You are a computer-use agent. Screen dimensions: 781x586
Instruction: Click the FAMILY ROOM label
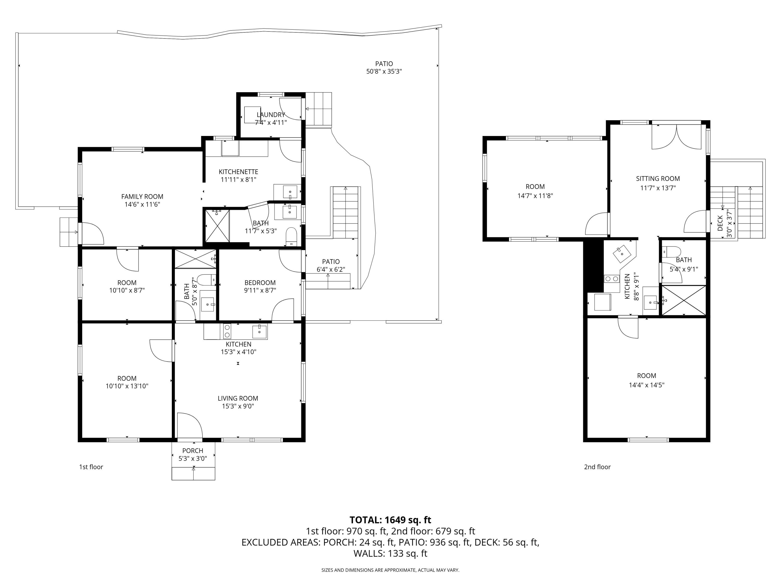pyautogui.click(x=142, y=197)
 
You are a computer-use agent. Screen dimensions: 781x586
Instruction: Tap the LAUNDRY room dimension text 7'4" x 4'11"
pyautogui.click(x=271, y=123)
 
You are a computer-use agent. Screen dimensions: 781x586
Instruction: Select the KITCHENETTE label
pyautogui.click(x=238, y=172)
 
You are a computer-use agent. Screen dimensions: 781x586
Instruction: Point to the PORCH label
pyautogui.click(x=193, y=451)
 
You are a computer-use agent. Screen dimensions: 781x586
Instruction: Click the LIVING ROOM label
pyautogui.click(x=238, y=398)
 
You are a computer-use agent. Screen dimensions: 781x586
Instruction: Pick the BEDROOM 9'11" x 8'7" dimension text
pyautogui.click(x=260, y=290)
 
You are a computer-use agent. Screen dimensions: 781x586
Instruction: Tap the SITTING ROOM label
pyautogui.click(x=658, y=179)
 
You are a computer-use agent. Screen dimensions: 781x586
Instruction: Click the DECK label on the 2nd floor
pyautogui.click(x=720, y=223)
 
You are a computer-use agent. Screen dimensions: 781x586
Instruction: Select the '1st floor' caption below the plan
pyautogui.click(x=91, y=467)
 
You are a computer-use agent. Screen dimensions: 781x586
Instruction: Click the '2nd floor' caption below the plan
pyautogui.click(x=597, y=467)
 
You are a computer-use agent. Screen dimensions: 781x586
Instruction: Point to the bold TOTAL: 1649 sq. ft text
pyautogui.click(x=391, y=520)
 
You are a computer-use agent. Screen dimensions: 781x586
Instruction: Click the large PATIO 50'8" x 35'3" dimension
pyautogui.click(x=384, y=72)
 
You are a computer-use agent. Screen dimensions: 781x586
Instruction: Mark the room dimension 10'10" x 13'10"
pyautogui.click(x=127, y=386)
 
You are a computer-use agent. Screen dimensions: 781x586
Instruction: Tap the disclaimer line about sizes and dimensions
pyautogui.click(x=391, y=570)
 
